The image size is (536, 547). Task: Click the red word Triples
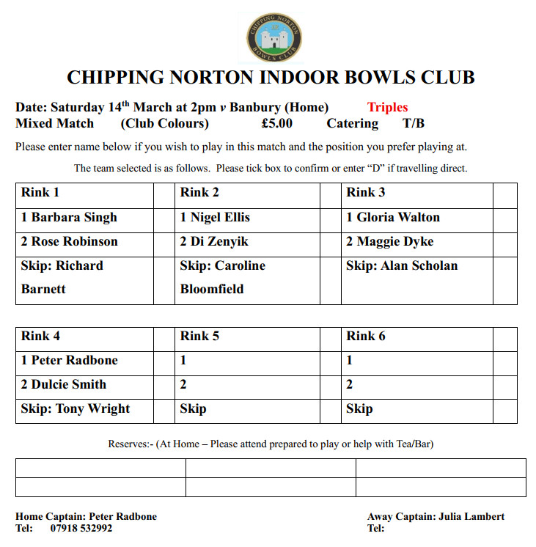387,107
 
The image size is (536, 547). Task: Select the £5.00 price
276,123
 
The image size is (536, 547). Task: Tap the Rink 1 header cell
84,193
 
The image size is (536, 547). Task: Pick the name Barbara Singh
73,217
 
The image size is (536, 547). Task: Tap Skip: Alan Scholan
401,265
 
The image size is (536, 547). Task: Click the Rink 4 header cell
84,337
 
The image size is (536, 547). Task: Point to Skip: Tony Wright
76,408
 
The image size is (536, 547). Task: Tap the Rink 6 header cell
416,337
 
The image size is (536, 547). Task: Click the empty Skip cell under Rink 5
249,408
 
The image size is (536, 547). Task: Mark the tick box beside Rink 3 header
504,194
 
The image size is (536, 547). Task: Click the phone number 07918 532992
81,528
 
